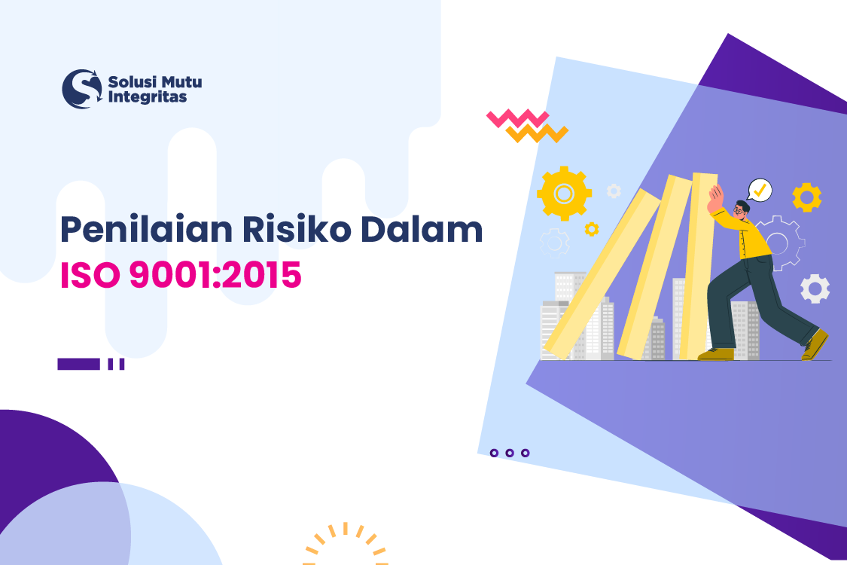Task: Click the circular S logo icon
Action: coord(81,89)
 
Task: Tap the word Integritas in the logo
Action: coord(148,97)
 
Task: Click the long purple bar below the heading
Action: coord(78,364)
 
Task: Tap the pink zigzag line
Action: coord(517,119)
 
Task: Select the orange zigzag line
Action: coord(537,134)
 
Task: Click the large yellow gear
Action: coord(564,194)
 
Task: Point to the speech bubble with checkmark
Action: coord(760,190)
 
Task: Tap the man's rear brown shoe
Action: coord(815,344)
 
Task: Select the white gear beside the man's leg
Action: coord(815,289)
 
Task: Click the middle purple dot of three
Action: coord(510,453)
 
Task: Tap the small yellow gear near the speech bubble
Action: coord(807,197)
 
